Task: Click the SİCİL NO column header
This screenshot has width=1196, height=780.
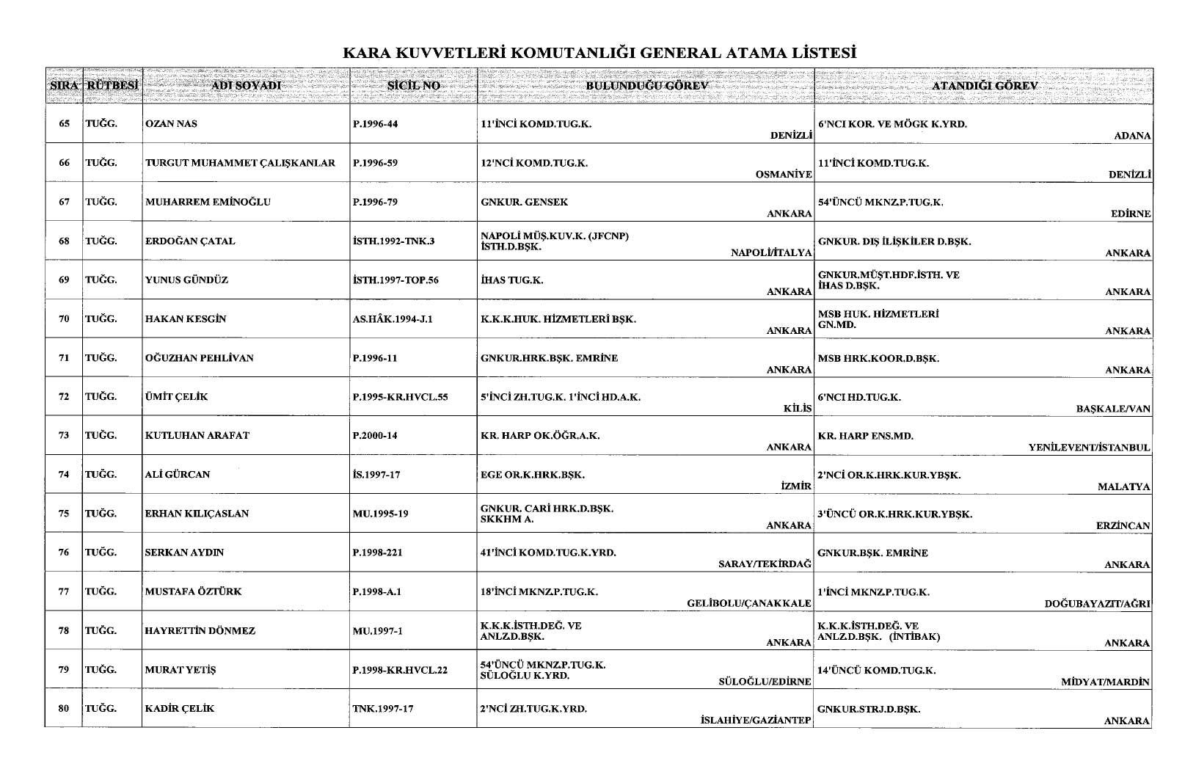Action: click(x=413, y=86)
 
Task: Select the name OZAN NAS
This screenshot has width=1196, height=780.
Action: click(x=171, y=124)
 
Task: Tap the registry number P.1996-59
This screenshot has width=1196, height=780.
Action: click(x=375, y=163)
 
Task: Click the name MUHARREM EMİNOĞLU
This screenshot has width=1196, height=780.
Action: click(x=208, y=202)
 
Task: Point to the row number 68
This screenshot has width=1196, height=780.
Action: click(x=64, y=241)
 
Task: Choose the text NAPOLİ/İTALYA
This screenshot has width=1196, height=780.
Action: click(x=771, y=253)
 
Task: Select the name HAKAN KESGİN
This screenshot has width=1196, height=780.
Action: click(x=186, y=319)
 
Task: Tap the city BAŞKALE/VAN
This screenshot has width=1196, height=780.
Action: click(x=1113, y=409)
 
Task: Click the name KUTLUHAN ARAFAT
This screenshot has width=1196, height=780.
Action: click(x=197, y=436)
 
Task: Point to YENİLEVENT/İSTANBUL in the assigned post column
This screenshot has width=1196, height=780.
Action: click(x=1090, y=448)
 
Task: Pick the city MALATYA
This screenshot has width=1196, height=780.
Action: click(x=1124, y=487)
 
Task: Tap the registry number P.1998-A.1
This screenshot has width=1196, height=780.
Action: click(x=376, y=591)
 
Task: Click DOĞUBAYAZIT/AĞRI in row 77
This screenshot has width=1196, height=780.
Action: click(x=1097, y=604)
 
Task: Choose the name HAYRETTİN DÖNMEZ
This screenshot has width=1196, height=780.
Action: click(x=200, y=631)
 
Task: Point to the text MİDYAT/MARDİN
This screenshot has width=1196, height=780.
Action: click(x=1106, y=682)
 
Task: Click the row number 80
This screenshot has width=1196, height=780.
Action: click(x=64, y=709)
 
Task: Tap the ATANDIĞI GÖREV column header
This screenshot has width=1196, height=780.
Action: click(x=984, y=86)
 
